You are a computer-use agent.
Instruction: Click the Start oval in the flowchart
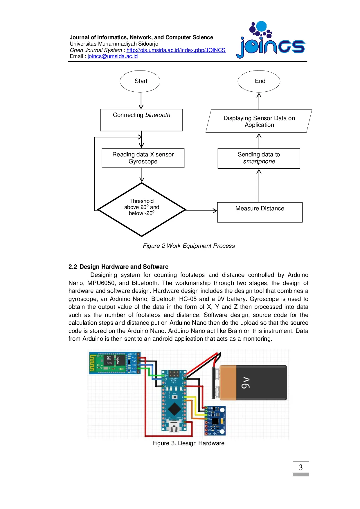[x=140, y=81]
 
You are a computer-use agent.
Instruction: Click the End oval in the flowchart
[x=259, y=81]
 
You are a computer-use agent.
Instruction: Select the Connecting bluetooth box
[x=141, y=120]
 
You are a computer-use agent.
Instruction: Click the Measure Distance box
[x=260, y=212]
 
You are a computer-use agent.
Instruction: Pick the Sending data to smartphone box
[x=259, y=158]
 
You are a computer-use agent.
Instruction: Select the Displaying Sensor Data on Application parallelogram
[x=259, y=121]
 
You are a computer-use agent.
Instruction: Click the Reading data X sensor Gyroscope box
[x=143, y=158]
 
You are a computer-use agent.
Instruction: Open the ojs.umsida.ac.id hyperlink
[x=176, y=50]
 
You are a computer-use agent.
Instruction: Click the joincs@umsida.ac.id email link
[x=113, y=56]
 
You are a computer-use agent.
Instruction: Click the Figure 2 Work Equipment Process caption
[x=189, y=246]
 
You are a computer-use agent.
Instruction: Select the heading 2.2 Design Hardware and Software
[x=118, y=267]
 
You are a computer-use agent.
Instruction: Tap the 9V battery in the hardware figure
[x=253, y=382]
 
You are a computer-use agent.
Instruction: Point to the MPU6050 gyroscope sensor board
[x=215, y=421]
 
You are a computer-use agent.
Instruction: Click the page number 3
[x=300, y=467]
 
